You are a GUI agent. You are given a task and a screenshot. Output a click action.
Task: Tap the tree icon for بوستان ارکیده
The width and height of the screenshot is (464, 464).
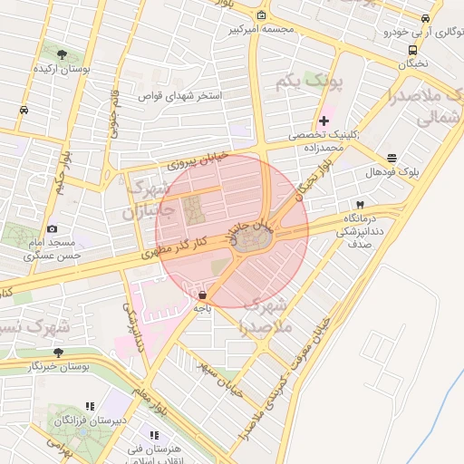tap(62, 55)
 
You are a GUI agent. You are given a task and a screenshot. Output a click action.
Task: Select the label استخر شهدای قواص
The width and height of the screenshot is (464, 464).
tap(179, 94)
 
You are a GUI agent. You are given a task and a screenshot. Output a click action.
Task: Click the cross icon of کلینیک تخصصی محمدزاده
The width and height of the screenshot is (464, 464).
tap(324, 121)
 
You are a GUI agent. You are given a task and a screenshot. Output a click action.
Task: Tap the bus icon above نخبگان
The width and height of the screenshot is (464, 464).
tap(413, 50)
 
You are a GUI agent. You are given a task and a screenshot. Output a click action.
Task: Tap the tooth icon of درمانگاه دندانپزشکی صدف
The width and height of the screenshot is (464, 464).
tap(361, 205)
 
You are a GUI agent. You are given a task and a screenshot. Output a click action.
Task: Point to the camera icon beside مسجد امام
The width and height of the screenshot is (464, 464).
tap(52, 228)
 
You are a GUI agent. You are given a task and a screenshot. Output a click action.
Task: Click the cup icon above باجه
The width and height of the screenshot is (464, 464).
tap(201, 295)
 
